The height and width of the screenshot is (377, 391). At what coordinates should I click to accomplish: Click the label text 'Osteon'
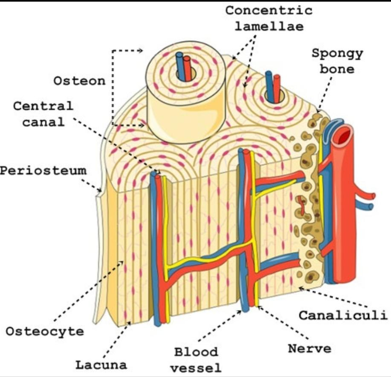pyautogui.click(x=79, y=80)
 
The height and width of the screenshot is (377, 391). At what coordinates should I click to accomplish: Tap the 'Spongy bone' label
pyautogui.click(x=337, y=61)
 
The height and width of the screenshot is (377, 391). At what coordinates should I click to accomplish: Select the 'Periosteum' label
pyautogui.click(x=43, y=171)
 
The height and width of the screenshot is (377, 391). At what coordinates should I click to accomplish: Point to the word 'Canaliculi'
pyautogui.click(x=343, y=316)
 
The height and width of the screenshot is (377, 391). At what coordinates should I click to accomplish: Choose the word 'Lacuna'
pyautogui.click(x=101, y=365)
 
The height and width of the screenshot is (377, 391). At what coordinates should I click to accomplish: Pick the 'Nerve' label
pyautogui.click(x=310, y=348)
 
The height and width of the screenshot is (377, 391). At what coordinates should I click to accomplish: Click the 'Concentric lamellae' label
pyautogui.click(x=268, y=18)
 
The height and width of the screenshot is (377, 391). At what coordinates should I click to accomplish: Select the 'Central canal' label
pyautogui.click(x=43, y=114)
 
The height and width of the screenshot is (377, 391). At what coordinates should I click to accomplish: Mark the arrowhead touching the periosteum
pyautogui.click(x=100, y=189)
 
